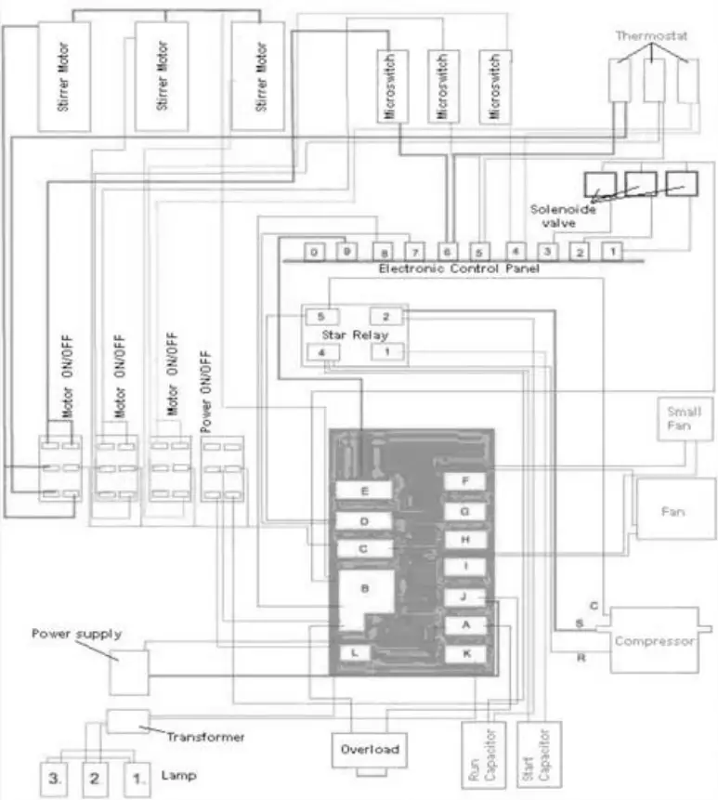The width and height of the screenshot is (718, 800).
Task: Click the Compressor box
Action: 654,641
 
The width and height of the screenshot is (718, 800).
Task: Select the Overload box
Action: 369,749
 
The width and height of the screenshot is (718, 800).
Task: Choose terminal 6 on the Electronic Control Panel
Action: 447,252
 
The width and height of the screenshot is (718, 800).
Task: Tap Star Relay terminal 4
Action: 320,352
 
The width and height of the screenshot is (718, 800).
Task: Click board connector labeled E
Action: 364,491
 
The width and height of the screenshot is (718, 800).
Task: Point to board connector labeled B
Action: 364,589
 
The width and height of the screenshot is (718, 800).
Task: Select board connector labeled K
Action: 465,654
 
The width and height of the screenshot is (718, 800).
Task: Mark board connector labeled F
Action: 465,481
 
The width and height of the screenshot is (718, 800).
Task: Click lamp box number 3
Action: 55,775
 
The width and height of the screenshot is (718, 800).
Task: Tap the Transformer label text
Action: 206,736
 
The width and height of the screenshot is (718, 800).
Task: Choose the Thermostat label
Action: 652,34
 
